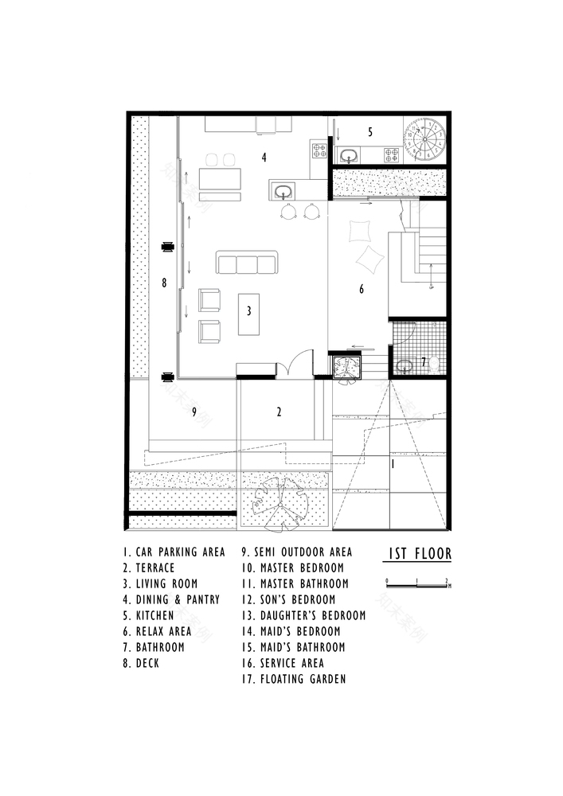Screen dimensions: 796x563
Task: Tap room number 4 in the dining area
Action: [x=264, y=158]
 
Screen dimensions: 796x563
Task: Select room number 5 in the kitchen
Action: [x=369, y=131]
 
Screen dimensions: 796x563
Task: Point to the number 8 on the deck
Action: [x=164, y=282]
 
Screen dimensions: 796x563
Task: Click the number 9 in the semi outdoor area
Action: [x=194, y=412]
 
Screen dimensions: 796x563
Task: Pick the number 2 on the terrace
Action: [x=279, y=412]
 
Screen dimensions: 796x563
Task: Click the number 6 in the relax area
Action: [x=361, y=289]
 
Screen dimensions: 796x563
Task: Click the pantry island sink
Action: [x=284, y=190]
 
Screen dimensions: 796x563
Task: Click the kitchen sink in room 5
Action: [x=350, y=154]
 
